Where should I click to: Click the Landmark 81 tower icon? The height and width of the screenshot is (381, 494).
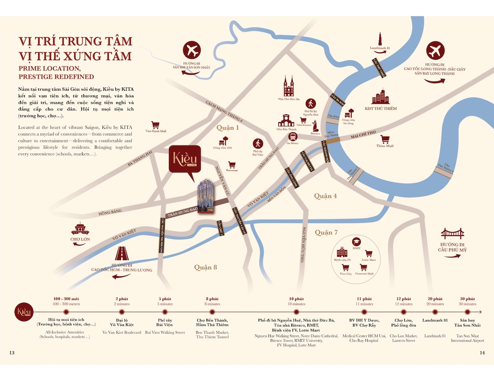coord(380,39)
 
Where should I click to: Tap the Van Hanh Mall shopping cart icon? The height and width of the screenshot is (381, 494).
coord(155,124)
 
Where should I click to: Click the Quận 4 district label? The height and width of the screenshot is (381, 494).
coord(325,196)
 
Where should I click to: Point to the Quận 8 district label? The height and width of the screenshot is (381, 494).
coord(206,267)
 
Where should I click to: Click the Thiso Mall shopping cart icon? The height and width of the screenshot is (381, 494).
coord(384,139)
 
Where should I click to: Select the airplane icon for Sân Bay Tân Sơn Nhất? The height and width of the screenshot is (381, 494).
coord(192,51)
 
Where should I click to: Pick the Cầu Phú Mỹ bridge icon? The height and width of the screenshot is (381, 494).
coord(452,234)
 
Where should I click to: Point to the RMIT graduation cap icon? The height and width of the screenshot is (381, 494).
coord(356,241)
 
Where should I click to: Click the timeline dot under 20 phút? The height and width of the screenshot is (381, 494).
coord(435,312)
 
